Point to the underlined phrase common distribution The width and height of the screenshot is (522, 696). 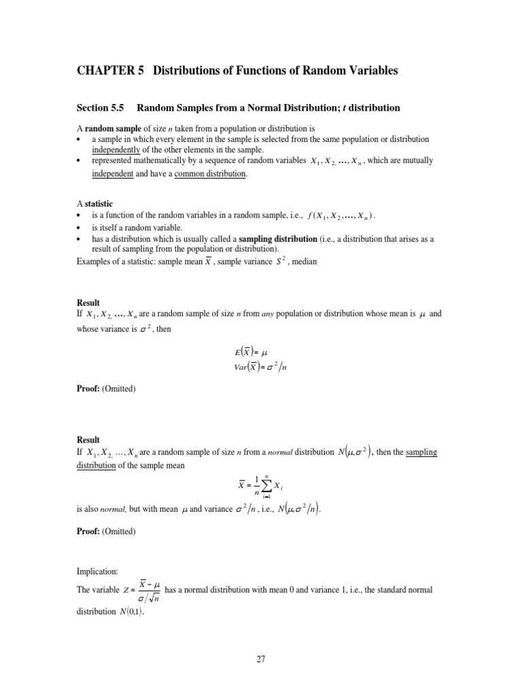click(211, 174)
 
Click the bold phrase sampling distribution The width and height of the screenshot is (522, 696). click(279, 240)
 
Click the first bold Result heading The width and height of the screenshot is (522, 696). click(88, 302)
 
